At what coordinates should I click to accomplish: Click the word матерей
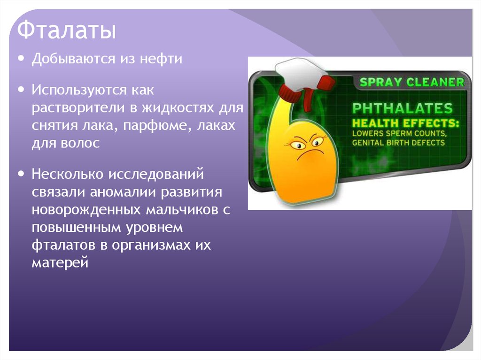point(60,262)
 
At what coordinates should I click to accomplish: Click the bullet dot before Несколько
point(22,174)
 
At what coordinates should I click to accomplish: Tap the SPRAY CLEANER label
point(411,83)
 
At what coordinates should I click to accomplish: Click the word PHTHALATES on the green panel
point(403,108)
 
